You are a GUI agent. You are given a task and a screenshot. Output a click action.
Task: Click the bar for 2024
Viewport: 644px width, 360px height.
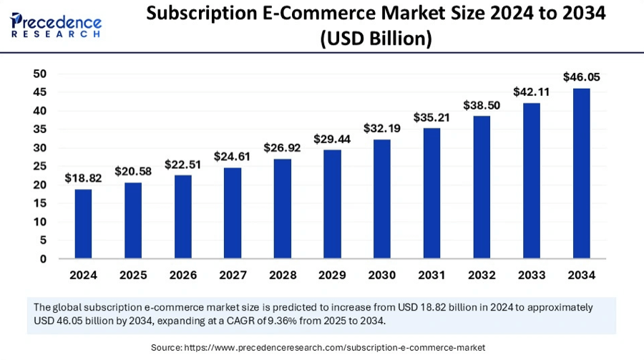[83, 224]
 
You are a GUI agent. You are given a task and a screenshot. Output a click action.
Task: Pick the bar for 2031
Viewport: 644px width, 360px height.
[431, 194]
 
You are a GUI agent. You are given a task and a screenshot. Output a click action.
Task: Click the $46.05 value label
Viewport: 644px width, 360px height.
[581, 77]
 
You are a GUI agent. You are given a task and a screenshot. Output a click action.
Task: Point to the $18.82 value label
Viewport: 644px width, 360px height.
[83, 177]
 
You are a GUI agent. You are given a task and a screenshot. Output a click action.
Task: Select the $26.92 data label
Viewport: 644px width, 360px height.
[282, 147]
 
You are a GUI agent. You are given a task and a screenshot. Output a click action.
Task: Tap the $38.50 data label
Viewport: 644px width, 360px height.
[481, 104]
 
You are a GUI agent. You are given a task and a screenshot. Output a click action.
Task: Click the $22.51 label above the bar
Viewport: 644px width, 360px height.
[182, 164]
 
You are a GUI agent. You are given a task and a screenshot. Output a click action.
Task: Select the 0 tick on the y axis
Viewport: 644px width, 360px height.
[44, 259]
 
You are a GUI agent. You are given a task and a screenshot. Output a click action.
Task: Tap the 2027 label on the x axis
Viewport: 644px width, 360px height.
[232, 275]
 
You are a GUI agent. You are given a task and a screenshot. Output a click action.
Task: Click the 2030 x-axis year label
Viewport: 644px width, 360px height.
[381, 275]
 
